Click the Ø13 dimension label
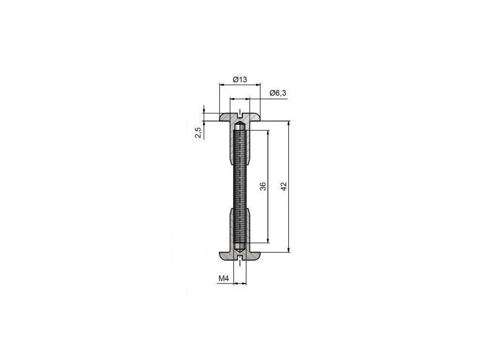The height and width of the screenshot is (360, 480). [240, 80]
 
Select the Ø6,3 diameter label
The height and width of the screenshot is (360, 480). [278, 93]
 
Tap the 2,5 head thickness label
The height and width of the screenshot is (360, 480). [198, 133]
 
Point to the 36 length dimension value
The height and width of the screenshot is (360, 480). [262, 187]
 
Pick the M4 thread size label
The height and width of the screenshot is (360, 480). [224, 278]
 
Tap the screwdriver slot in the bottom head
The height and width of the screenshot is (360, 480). [240, 257]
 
